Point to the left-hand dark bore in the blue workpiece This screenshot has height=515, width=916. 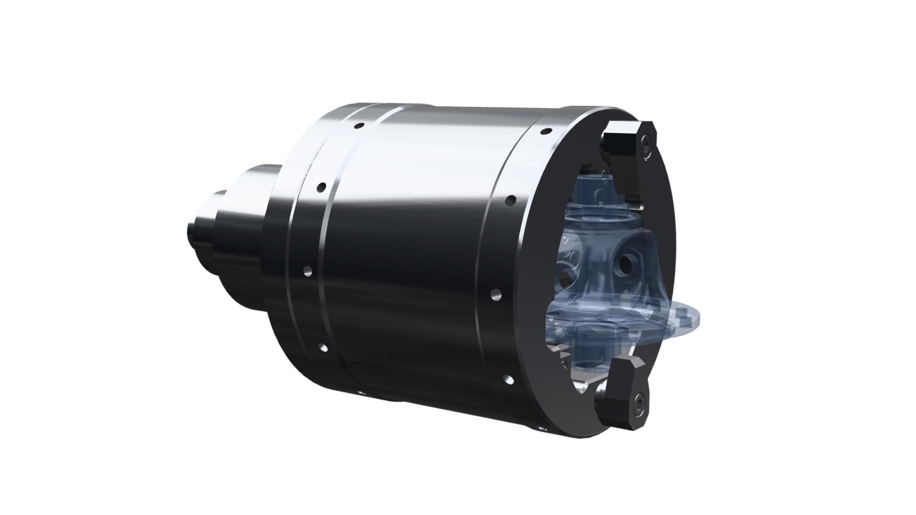[565, 275]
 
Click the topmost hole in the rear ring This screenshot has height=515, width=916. [358, 126]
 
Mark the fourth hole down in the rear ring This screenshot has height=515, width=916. [324, 348]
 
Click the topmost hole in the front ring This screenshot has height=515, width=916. [545, 130]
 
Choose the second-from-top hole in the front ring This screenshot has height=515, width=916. [512, 199]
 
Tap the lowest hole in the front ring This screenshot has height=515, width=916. [509, 380]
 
